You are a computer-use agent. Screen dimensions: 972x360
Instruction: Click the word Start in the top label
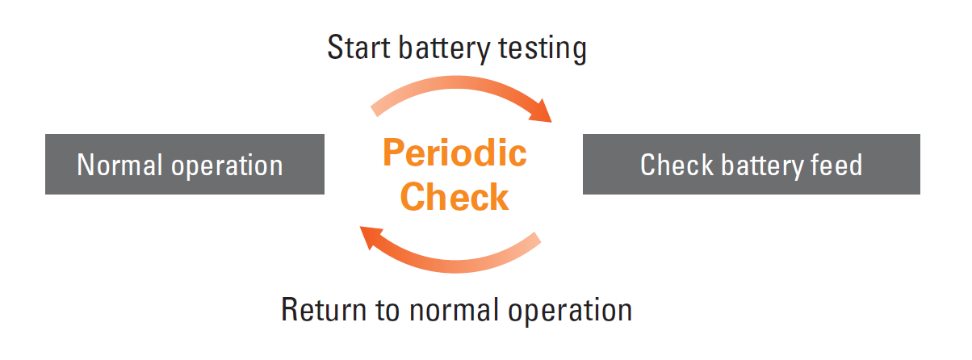(359, 48)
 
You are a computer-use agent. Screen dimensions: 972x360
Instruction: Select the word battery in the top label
(444, 49)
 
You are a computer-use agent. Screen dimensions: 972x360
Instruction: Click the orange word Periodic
(455, 153)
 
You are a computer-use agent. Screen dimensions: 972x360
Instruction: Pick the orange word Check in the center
(455, 197)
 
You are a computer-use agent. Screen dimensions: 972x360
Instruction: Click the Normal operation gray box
(185, 164)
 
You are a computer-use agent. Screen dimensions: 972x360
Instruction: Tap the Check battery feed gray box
(751, 164)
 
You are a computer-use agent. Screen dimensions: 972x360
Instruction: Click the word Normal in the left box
(119, 165)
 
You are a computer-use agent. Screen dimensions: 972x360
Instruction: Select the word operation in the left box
(227, 167)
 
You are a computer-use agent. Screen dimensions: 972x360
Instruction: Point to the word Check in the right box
(677, 165)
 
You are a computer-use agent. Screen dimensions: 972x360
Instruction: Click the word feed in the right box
(836, 165)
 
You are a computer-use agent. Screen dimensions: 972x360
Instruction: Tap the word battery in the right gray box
(761, 166)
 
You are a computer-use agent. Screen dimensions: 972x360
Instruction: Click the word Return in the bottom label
(325, 310)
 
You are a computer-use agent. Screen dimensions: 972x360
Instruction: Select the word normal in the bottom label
(454, 310)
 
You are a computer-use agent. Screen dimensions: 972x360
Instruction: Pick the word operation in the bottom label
(570, 312)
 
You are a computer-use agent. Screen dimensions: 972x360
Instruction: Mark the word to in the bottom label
(388, 311)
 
